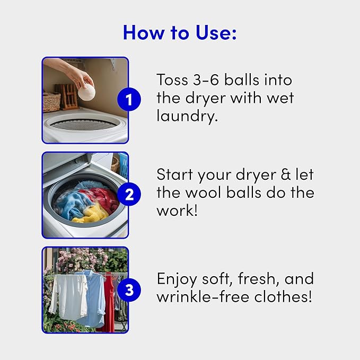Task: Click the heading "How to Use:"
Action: (x=180, y=32)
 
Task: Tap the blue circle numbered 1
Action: (x=129, y=99)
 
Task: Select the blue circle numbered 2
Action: (x=129, y=195)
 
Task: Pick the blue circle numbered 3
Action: (x=129, y=290)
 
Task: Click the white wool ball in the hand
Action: (x=86, y=92)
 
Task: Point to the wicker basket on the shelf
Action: (x=51, y=101)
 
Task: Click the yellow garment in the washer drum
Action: (x=90, y=215)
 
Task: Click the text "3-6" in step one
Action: (x=210, y=80)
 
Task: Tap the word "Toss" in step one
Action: (x=172, y=80)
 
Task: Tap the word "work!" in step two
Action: (x=176, y=210)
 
